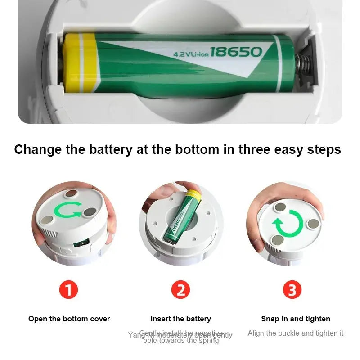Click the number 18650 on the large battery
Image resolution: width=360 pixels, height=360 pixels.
point(235,52)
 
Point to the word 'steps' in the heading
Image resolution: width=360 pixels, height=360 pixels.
point(322,149)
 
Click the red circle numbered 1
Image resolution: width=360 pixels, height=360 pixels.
point(68,290)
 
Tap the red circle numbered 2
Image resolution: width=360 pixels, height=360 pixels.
point(180,290)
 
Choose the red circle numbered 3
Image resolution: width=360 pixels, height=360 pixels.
point(292,290)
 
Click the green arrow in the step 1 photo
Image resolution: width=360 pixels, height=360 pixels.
point(68,210)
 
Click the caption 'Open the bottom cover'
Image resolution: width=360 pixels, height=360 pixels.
point(69,319)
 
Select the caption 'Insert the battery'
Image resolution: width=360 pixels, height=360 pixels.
point(180,319)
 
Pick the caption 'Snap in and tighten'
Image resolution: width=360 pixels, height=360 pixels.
point(296,319)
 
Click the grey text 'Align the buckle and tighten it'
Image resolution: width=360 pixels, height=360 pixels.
point(295,333)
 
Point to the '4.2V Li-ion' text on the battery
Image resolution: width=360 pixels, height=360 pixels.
point(190,54)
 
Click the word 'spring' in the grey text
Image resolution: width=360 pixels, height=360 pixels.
point(207,341)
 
